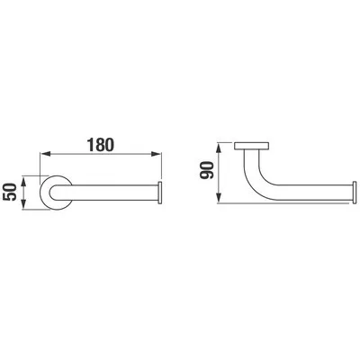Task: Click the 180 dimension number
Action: (101, 145)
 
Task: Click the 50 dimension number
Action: (9, 192)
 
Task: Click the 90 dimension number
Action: (207, 170)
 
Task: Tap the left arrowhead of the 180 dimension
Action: (45, 154)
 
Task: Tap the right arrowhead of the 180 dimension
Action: (156, 154)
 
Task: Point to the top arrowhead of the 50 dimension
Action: (24, 181)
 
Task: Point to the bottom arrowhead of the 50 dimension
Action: (24, 204)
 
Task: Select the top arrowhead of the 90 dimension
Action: (220, 148)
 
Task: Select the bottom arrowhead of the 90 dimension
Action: (220, 198)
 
